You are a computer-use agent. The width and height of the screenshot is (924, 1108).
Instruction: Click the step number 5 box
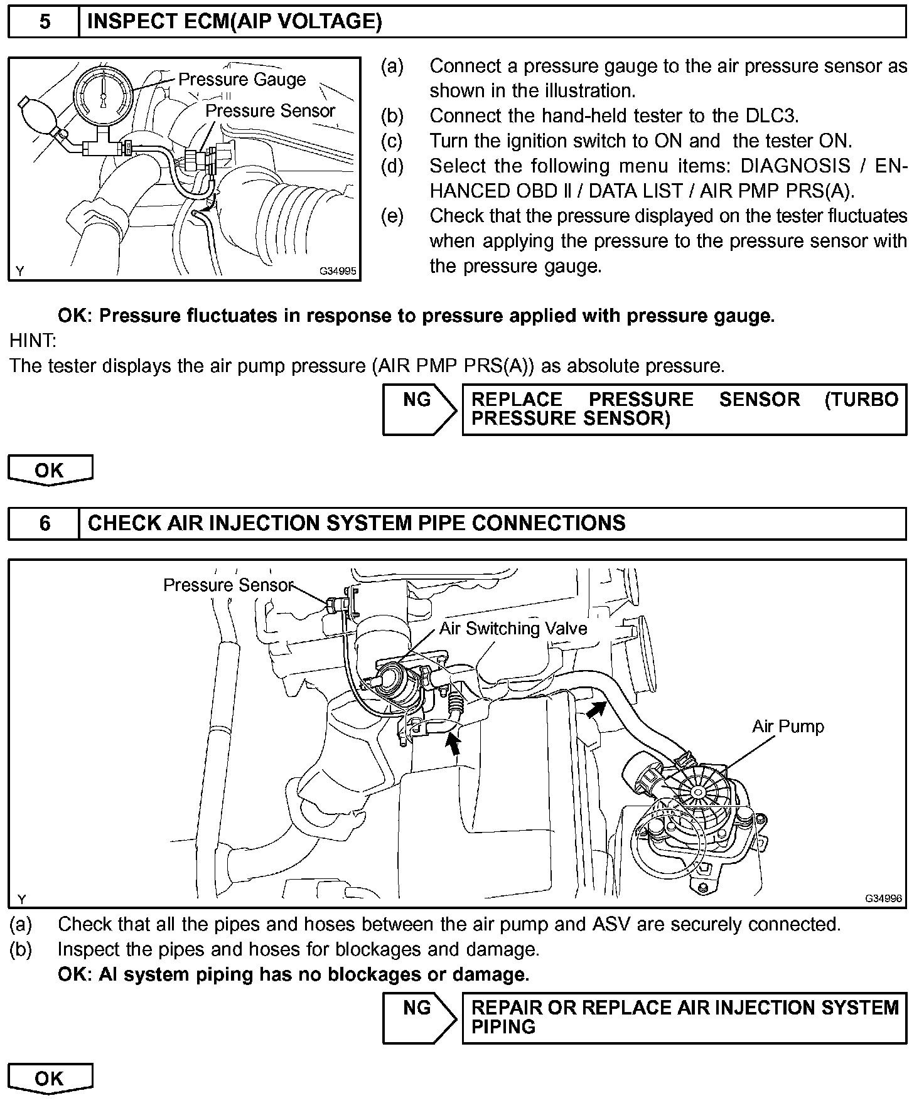[44, 22]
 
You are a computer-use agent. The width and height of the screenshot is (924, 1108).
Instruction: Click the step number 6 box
[44, 523]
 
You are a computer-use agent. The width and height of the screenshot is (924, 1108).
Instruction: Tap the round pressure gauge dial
[104, 95]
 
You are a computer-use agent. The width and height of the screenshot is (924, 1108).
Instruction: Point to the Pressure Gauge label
[242, 80]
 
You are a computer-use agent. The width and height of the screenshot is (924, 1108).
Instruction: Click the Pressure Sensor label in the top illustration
[271, 111]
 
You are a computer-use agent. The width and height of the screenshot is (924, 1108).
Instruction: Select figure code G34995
[338, 271]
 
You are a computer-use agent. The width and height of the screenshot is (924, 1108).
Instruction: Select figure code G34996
[883, 898]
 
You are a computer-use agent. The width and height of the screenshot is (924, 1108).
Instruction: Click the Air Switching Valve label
[513, 629]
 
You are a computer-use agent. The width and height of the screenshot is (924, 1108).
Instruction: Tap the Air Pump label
[788, 727]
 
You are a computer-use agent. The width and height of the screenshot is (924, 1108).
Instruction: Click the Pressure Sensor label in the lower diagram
[228, 585]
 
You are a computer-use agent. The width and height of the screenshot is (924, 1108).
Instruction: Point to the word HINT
[33, 341]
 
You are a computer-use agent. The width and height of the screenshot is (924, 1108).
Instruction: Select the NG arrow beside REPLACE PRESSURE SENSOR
[419, 409]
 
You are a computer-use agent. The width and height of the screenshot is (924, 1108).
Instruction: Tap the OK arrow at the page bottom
[50, 1079]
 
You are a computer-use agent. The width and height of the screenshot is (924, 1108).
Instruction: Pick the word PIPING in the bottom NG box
[503, 1027]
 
